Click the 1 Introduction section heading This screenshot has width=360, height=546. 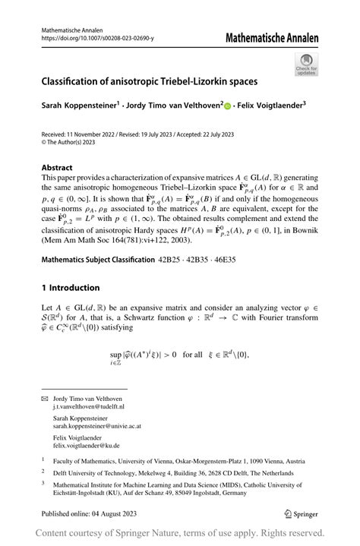pyautogui.click(x=71, y=267)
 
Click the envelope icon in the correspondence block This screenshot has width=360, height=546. pyautogui.click(x=45, y=399)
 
